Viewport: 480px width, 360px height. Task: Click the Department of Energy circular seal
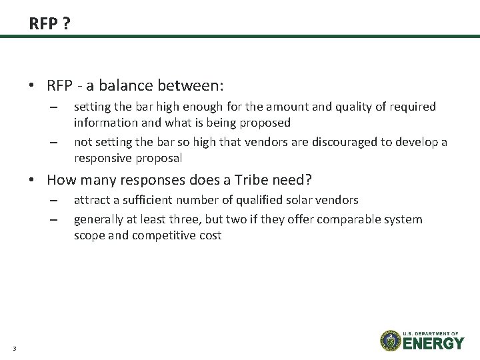click(391, 340)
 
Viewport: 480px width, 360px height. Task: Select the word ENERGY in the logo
click(433, 343)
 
